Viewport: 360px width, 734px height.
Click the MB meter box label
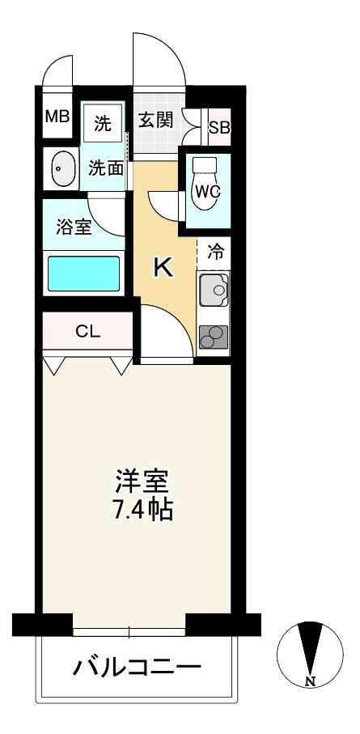click(x=57, y=116)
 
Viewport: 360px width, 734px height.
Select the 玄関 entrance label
click(x=156, y=121)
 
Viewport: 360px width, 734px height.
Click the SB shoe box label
click(x=219, y=127)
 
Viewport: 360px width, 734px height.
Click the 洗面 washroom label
click(x=106, y=168)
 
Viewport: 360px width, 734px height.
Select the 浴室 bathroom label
click(x=74, y=227)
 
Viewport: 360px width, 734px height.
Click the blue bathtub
click(x=84, y=274)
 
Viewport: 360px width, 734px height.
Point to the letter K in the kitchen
click(x=164, y=268)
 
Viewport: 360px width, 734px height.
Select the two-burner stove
click(x=214, y=337)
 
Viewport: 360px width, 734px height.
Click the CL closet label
click(x=88, y=332)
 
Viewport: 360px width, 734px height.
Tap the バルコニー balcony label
click(x=138, y=667)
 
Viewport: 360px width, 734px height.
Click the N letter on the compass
click(x=310, y=681)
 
